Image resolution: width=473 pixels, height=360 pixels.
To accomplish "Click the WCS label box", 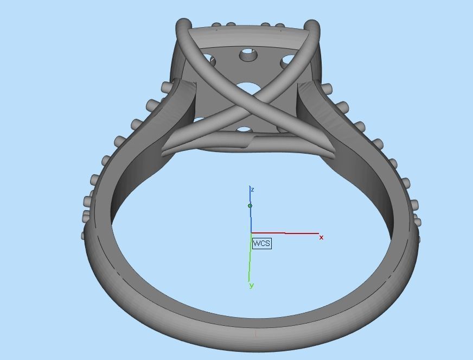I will click(261, 243).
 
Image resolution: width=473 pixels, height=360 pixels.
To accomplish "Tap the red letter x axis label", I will click(321, 238).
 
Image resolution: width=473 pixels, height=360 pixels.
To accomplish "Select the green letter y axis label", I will click(252, 286).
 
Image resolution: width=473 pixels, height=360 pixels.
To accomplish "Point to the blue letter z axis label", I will click(253, 190).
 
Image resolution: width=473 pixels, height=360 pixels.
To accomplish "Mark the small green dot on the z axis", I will click(250, 206).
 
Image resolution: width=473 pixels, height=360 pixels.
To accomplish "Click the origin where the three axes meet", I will click(251, 233).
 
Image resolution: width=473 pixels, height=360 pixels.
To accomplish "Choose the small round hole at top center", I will click(248, 54).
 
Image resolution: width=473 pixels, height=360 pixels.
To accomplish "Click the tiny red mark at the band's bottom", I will click(256, 333).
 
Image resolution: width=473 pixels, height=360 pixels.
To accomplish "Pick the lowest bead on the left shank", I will click(84, 236).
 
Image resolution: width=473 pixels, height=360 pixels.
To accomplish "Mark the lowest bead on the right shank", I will click(417, 238).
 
